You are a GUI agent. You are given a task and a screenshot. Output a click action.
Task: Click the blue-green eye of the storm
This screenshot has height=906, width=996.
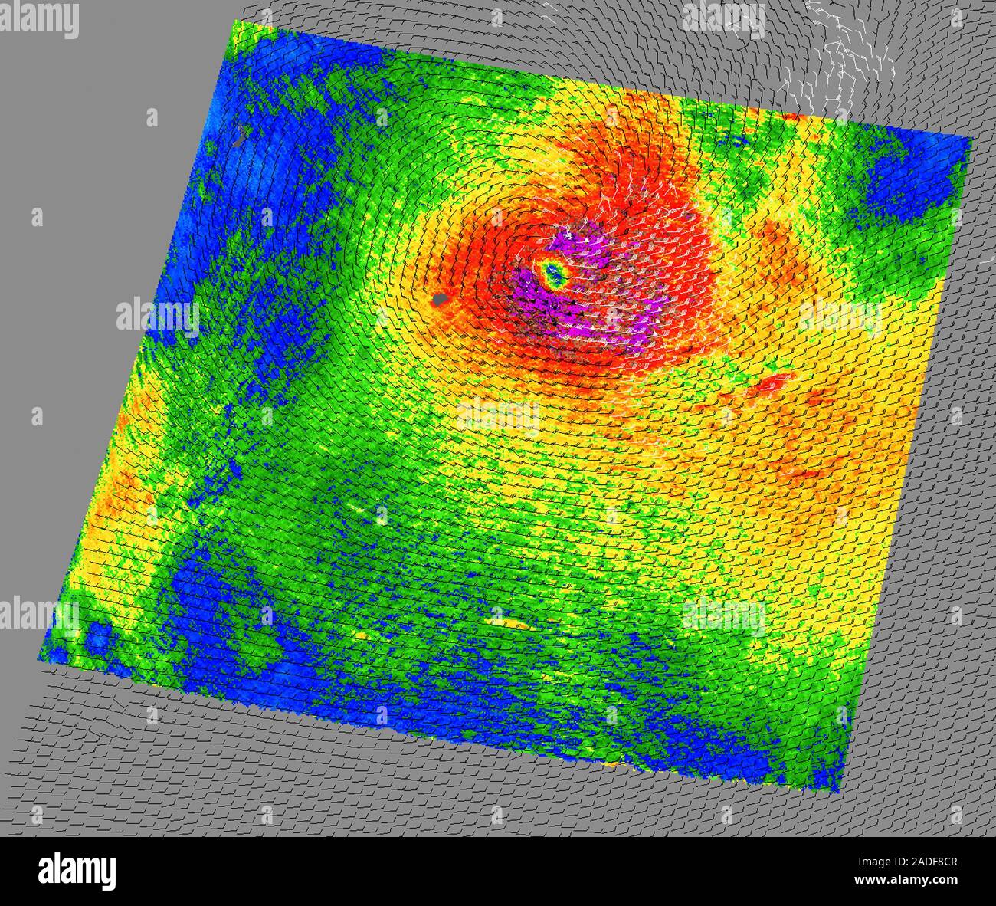[553, 273]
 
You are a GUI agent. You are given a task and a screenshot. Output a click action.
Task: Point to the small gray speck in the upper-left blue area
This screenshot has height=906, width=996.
[241, 135]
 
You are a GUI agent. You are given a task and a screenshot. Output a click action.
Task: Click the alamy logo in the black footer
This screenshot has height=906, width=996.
[77, 871]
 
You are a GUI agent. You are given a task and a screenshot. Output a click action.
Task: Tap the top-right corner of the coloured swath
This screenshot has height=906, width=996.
[971, 139]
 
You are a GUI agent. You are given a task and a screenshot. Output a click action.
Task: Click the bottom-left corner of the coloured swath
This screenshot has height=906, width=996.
[40, 661]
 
